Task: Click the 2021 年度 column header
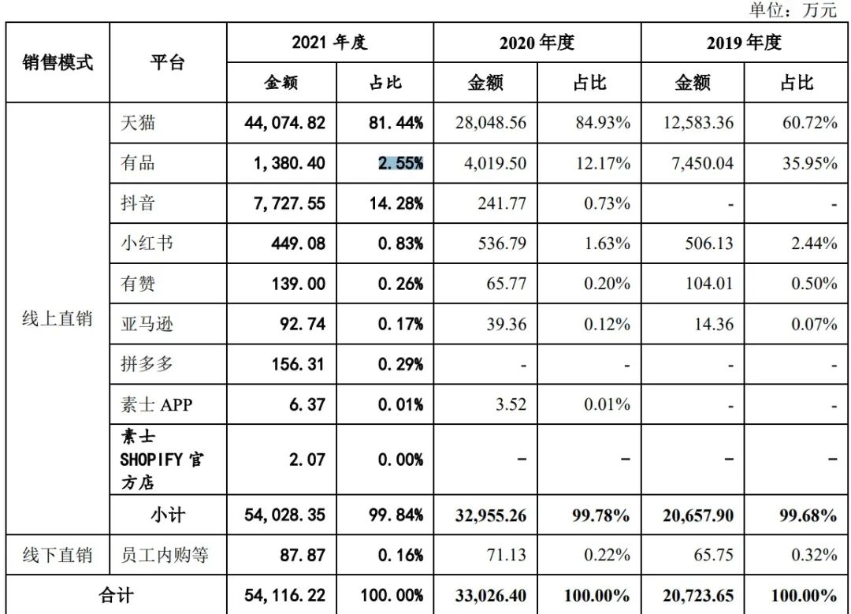[329, 43]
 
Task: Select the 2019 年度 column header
[744, 43]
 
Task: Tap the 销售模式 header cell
[58, 62]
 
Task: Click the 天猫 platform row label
[137, 123]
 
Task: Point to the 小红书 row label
[147, 244]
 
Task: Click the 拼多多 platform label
[147, 364]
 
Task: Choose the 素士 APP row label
[155, 404]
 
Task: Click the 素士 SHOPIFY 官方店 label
[161, 460]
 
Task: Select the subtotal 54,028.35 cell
[281, 515]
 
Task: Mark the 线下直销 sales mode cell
[58, 555]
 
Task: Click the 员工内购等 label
[164, 555]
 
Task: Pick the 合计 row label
[117, 595]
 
